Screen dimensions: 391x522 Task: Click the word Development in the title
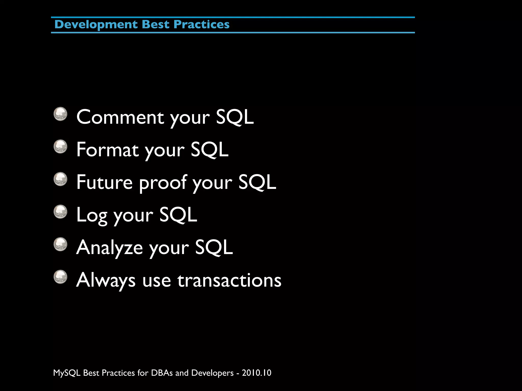[96, 25]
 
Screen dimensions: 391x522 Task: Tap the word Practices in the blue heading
[201, 25]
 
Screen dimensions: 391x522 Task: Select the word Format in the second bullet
[107, 150]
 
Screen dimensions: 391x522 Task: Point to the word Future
[104, 182]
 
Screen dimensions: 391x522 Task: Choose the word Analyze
[109, 248]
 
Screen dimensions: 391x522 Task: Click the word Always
[106, 280]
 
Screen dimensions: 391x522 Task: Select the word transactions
[229, 280]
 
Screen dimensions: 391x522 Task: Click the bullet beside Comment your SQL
[60, 114]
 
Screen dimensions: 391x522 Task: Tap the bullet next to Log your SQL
[60, 212]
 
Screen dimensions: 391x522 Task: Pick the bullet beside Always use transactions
[60, 277]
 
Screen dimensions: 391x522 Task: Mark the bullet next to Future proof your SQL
[60, 179]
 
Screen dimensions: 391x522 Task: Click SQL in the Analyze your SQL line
[214, 247]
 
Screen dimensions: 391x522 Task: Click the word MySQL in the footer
[67, 373]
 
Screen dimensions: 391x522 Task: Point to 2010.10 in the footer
[256, 373]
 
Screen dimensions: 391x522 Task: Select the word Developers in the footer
[212, 373]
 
